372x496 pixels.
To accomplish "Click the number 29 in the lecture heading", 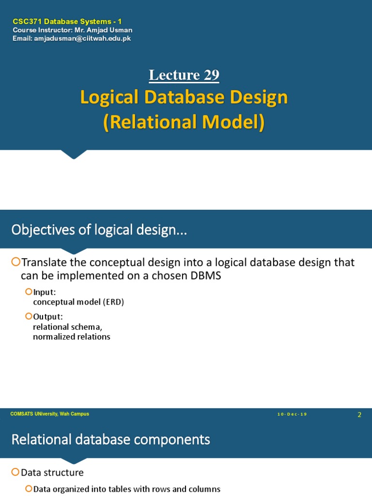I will coord(211,75).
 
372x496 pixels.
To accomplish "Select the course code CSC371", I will coord(25,22).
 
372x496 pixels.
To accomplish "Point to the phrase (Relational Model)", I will coord(184,122).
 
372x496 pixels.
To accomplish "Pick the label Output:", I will coord(48,317).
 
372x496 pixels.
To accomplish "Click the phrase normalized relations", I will coord(71,337).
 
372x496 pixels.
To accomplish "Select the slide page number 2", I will coord(359,415).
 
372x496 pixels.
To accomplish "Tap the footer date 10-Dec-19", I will coord(292,415).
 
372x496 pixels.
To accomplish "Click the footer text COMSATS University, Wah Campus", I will coord(49,414).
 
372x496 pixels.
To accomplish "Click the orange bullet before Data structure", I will coord(15,472).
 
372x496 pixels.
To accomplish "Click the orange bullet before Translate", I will coord(15,263).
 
